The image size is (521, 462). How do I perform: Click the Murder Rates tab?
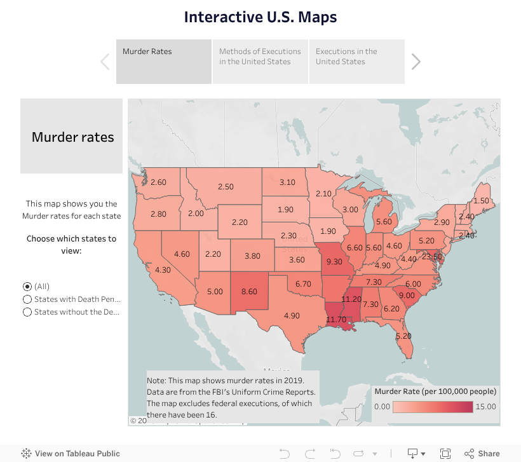pos(163,62)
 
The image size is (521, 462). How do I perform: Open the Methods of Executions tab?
pos(260,62)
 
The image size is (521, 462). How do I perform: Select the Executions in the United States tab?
pos(356,62)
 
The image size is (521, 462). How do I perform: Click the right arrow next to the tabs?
pos(416,62)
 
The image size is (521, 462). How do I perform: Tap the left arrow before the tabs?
pos(105,62)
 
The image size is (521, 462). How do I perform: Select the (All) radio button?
pos(27,287)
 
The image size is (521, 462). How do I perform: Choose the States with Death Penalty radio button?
pos(27,299)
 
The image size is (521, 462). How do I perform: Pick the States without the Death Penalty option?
pos(27,312)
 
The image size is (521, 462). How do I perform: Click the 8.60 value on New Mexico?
pos(249,292)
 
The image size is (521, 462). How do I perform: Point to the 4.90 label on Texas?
pos(292,316)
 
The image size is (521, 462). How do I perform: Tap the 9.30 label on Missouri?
pos(334,261)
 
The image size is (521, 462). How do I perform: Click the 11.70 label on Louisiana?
pos(336,320)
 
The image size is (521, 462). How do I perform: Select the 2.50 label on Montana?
pos(226,187)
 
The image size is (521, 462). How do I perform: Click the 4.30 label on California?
pos(163,270)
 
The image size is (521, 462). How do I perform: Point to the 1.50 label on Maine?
pos(481,201)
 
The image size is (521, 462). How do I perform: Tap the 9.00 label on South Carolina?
pos(407,296)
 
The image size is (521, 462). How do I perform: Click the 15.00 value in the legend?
pos(486,407)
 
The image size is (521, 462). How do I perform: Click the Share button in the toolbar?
pos(482,454)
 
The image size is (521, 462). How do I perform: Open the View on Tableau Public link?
pos(71,454)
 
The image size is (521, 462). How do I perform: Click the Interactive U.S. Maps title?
pos(260,17)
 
